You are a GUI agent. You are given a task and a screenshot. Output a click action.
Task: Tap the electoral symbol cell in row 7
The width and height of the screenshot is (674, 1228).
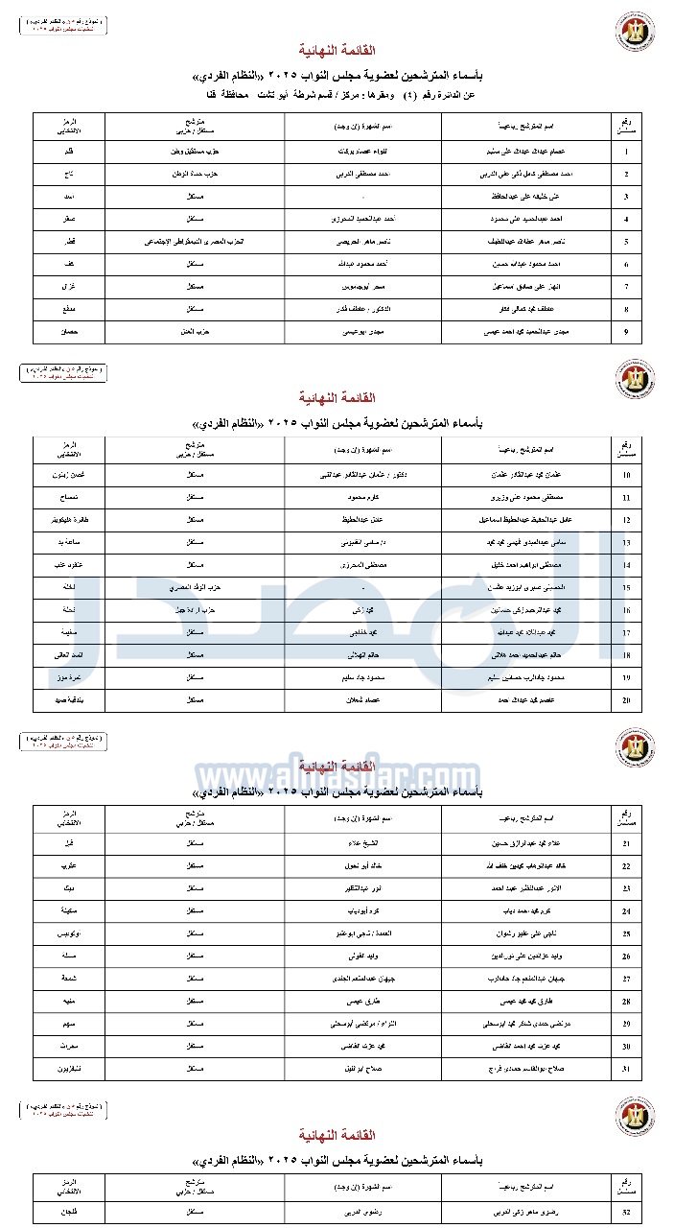pos(69,287)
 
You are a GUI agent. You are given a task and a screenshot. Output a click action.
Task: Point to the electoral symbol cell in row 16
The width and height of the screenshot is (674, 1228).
pos(69,610)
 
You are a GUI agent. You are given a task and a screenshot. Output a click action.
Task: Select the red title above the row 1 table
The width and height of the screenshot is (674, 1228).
pos(337,50)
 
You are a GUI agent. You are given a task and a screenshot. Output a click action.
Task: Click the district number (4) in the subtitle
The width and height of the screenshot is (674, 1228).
pos(382,95)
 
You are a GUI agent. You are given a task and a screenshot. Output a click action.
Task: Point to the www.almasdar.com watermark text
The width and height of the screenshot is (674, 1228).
pos(337,774)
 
